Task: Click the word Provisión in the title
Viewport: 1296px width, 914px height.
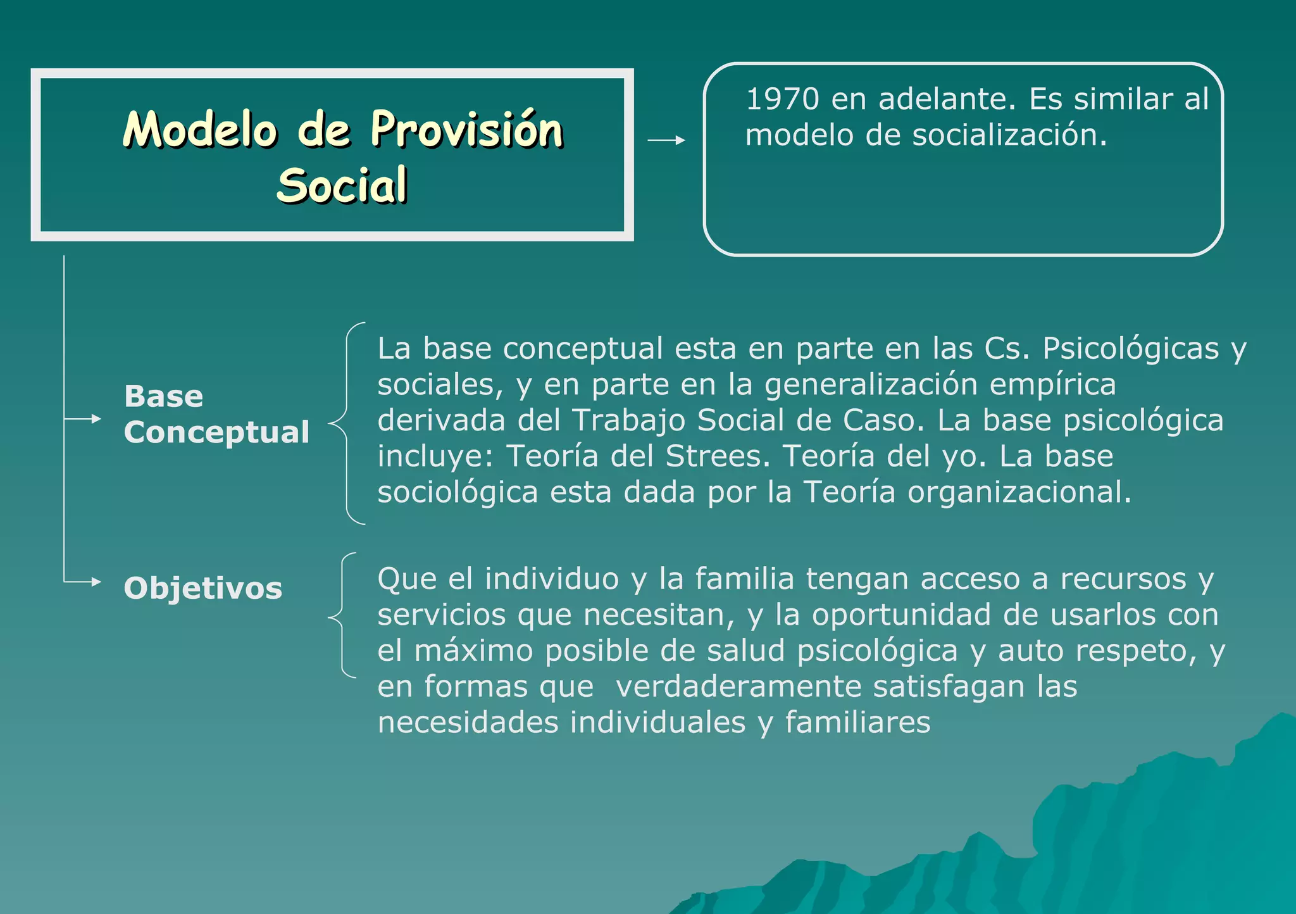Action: [466, 130]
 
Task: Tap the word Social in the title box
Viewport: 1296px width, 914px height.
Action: [342, 185]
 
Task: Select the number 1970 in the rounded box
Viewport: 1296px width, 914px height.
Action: [782, 99]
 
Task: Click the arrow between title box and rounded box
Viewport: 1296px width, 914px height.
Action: [667, 141]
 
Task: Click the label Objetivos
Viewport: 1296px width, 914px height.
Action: [202, 588]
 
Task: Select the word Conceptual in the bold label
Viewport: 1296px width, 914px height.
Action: [216, 432]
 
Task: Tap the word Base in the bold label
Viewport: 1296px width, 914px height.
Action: [163, 397]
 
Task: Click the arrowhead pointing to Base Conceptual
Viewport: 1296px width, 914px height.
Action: [96, 419]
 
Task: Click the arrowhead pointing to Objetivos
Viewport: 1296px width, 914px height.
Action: [96, 582]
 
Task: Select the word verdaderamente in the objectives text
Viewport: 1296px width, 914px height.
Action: [738, 687]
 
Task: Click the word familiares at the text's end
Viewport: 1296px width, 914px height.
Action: [857, 723]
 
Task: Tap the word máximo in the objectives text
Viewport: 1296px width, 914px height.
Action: [473, 651]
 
